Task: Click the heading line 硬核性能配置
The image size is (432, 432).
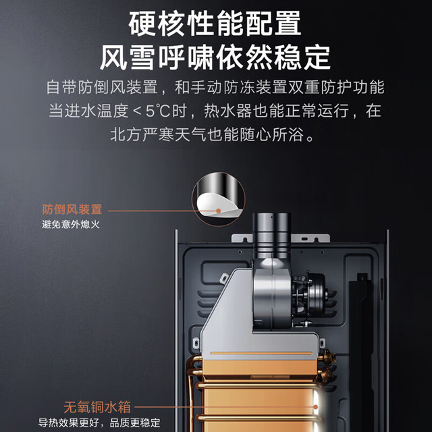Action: [x=215, y=24]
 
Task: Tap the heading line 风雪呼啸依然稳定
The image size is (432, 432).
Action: [x=215, y=57]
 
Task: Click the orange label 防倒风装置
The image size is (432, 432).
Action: [x=72, y=209]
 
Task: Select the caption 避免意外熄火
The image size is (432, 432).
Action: [x=71, y=225]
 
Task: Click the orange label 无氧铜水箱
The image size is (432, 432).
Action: [x=97, y=407]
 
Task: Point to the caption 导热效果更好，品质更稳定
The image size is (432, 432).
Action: [x=99, y=423]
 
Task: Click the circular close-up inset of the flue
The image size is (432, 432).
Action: [x=219, y=199]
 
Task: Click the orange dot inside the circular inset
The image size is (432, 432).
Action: [x=219, y=211]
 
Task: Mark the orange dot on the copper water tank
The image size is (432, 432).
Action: [x=316, y=407]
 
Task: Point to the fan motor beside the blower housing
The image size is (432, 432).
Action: [x=309, y=294]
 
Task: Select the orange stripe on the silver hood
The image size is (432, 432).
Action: [x=261, y=353]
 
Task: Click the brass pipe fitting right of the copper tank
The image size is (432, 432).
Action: [x=327, y=367]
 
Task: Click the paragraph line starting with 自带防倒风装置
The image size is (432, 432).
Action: [x=215, y=87]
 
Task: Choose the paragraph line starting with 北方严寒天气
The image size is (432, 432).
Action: [x=212, y=135]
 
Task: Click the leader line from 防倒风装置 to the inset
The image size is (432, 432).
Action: [x=163, y=211]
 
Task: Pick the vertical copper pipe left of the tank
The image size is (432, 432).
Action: [x=190, y=397]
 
